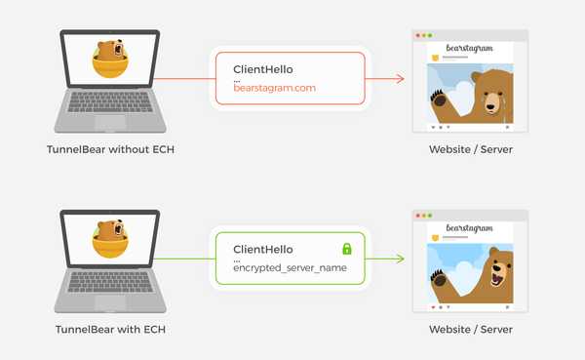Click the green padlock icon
pyautogui.click(x=345, y=249)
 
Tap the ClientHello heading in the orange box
pyautogui.click(x=263, y=69)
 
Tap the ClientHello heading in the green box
pyautogui.click(x=263, y=249)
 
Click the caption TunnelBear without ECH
pyautogui.click(x=110, y=148)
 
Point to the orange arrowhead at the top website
pyautogui.click(x=400, y=78)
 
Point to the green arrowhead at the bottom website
pyautogui.click(x=400, y=259)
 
